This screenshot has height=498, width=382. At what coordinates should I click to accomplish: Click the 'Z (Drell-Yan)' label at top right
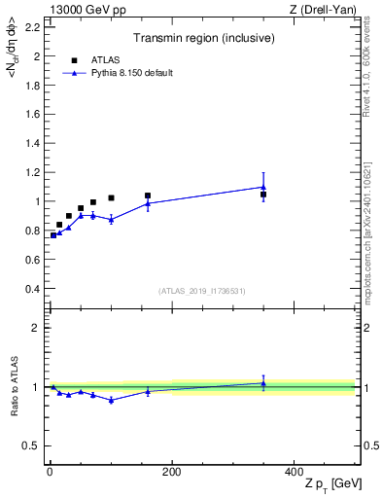[324, 10]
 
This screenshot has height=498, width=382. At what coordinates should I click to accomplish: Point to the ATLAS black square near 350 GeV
[263, 195]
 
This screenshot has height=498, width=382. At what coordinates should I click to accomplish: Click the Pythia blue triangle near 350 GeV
[263, 187]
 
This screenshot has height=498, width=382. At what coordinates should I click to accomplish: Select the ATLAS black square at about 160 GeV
[148, 196]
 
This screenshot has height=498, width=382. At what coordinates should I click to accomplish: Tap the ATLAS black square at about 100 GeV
[111, 197]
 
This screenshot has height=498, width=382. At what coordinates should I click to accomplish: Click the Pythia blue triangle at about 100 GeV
[111, 220]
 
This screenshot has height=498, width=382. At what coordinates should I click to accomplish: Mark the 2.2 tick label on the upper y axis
[31, 27]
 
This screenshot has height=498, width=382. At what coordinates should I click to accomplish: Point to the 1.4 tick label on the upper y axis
[31, 144]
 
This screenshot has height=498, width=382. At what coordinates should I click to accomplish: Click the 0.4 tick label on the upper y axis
[31, 289]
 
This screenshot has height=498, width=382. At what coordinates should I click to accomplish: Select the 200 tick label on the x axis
[172, 472]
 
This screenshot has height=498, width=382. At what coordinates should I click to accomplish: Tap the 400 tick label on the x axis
[294, 472]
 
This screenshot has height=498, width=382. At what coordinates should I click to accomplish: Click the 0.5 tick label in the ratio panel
[31, 445]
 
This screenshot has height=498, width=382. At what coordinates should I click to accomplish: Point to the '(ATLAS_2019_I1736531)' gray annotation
[202, 291]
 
